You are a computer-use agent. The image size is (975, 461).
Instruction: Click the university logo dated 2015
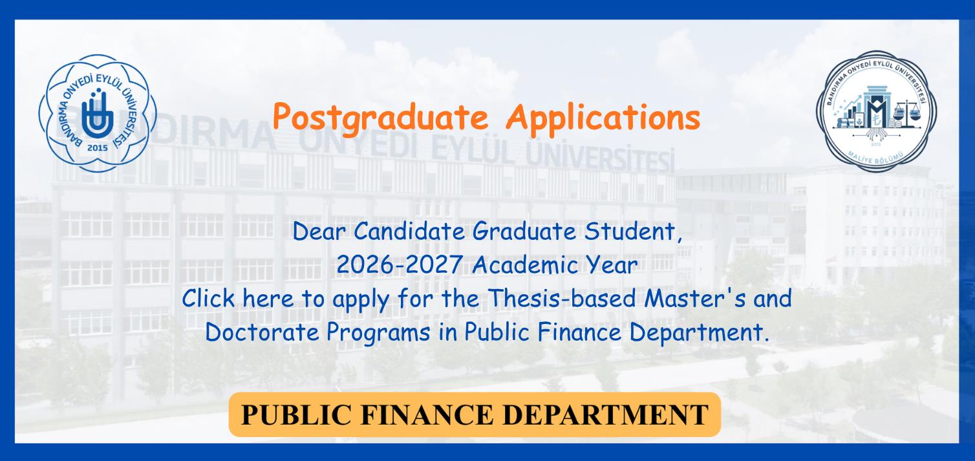pyautogui.click(x=98, y=113)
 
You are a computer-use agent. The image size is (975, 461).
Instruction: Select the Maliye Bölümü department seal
pyautogui.click(x=877, y=111)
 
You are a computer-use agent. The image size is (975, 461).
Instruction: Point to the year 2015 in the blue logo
pyautogui.click(x=98, y=148)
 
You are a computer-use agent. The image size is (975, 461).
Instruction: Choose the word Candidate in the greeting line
pyautogui.click(x=409, y=231)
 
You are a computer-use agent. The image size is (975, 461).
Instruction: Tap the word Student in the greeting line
pyautogui.click(x=629, y=231)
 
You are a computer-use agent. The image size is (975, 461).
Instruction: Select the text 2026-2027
pyautogui.click(x=400, y=264)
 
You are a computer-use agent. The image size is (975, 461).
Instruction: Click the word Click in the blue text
pyautogui.click(x=208, y=299)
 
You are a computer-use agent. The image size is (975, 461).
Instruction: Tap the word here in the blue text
pyautogui.click(x=268, y=299)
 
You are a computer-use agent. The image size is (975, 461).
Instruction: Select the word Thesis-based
pyautogui.click(x=561, y=299)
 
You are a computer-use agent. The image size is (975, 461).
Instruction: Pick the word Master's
pyautogui.click(x=694, y=299)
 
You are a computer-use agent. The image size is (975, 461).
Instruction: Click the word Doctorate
pyautogui.click(x=262, y=332)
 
